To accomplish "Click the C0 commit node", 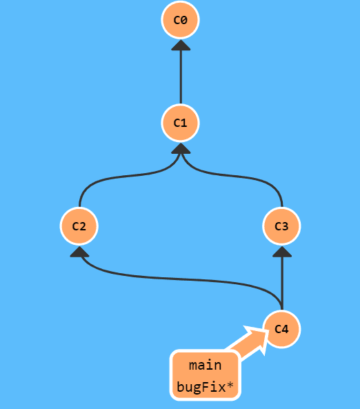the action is click(180, 20).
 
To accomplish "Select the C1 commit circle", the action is click(180, 123).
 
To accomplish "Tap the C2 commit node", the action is click(79, 226).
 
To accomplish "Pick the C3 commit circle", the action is click(281, 226).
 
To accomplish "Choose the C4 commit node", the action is click(281, 329).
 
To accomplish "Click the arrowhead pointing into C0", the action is click(181, 45).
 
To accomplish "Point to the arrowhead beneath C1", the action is click(181, 148).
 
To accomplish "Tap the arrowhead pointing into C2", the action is click(79, 252).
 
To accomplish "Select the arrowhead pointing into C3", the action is click(282, 252).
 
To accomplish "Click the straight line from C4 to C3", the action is click(282, 283).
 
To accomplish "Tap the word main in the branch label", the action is click(205, 365).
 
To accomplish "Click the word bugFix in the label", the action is click(201, 387).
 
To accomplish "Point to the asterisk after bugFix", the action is click(230, 385).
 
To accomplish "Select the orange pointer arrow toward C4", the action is click(248, 341).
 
